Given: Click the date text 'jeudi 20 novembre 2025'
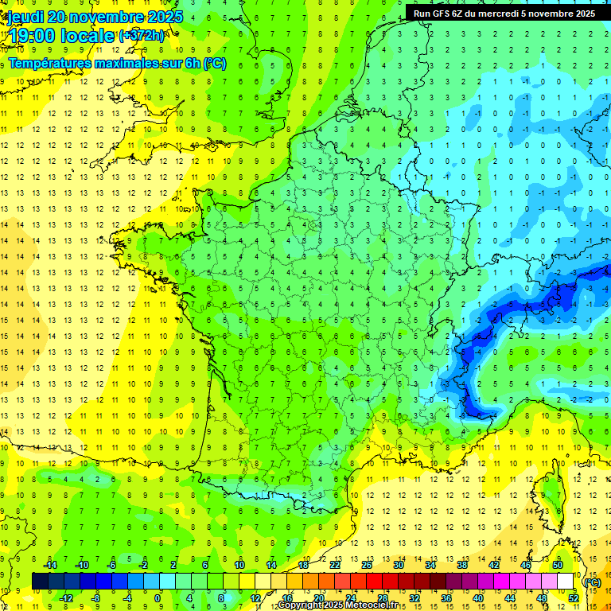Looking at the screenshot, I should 92,17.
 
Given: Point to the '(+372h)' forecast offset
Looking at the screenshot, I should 142,36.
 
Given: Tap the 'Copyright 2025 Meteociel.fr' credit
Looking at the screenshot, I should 337,605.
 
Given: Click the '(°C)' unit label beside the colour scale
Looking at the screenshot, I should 592,582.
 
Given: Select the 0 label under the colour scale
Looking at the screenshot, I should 158,598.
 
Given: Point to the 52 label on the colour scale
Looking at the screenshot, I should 574,598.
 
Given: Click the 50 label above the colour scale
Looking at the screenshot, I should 558,565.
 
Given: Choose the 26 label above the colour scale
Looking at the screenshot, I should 367,565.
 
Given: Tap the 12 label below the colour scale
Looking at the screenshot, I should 255,598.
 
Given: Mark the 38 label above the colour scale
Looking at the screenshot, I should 462,565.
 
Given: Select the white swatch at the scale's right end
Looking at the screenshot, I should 566,582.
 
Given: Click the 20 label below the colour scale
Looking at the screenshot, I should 319,598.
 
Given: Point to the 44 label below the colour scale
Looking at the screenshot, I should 510,598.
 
